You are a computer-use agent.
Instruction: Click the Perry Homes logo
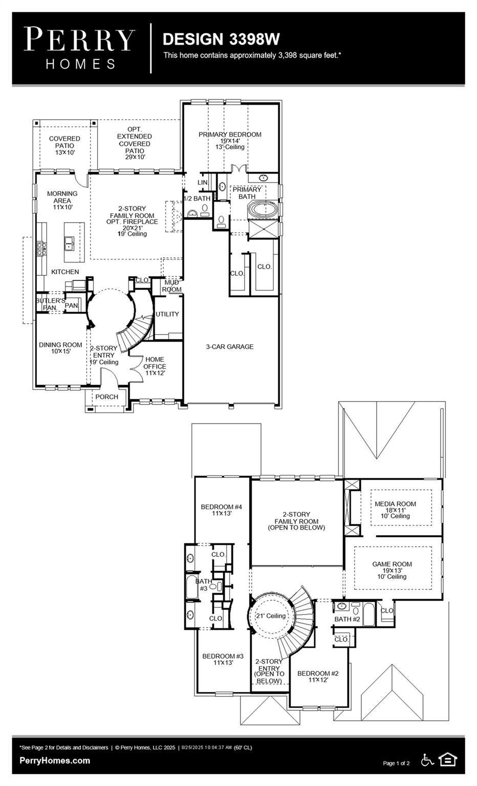tap(80, 48)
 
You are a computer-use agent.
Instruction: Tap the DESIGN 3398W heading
tap(221, 39)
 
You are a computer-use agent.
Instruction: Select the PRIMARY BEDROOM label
tap(230, 135)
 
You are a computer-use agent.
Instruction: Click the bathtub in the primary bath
tap(263, 210)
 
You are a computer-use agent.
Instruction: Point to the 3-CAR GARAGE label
tap(230, 346)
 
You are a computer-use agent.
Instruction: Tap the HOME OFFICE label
tap(155, 363)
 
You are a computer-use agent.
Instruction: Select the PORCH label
tap(106, 397)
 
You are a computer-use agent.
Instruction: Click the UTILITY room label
tap(167, 314)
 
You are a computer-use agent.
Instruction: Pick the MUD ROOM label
tap(172, 286)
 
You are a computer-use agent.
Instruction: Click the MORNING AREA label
tap(62, 197)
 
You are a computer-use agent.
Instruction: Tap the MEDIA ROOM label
tap(395, 504)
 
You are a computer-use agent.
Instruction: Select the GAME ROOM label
tap(392, 564)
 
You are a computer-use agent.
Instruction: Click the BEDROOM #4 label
tap(221, 507)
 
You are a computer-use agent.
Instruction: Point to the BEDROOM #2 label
tap(318, 673)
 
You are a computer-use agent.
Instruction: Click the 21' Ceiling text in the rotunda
tap(271, 616)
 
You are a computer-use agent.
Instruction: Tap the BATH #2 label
tap(348, 619)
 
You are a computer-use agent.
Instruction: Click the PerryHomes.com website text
tap(55, 760)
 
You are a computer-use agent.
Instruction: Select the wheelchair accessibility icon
tap(427, 760)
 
